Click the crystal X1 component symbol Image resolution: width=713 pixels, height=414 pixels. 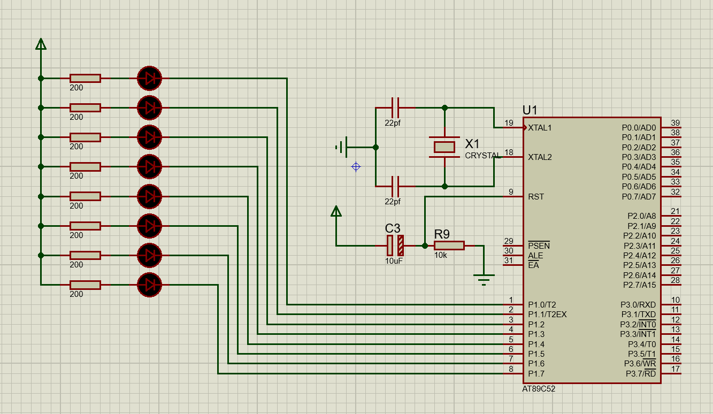pos(444,147)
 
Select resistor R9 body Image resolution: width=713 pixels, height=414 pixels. pos(449,246)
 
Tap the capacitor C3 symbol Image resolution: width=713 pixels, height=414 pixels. pos(395,246)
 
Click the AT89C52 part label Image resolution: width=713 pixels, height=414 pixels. pos(539,389)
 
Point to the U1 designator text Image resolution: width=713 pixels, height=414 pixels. pos(530,110)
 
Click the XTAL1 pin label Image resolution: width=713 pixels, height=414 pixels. pos(540,128)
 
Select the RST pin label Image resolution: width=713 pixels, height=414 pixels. pos(536,197)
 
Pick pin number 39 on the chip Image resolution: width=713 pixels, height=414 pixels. pos(675,123)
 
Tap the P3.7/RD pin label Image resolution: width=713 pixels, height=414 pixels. pos(641,373)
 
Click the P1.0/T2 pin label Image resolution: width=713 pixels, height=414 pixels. pos(542,304)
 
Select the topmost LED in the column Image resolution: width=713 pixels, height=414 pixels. pos(149,78)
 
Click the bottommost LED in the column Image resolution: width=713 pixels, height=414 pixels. pos(149,285)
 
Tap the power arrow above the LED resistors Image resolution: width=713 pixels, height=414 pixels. pos(41,44)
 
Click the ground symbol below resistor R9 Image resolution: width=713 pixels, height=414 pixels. pos(484,280)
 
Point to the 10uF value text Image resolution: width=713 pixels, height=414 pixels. pos(394,261)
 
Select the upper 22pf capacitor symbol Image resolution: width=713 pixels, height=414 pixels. pos(395,108)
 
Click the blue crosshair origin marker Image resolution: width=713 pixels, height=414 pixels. pos(356,166)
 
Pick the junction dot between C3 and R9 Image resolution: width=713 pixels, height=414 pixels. pos(425,246)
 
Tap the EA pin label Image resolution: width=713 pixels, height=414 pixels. pos(533,265)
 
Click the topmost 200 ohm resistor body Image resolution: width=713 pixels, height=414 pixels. pos(85,78)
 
